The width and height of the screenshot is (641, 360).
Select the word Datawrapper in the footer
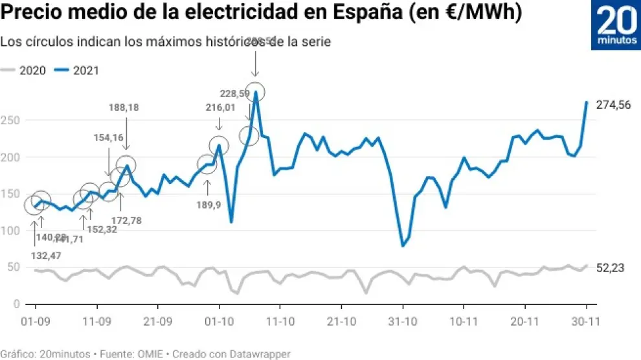[x=262, y=354]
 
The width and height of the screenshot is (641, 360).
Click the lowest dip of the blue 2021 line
[x=403, y=246]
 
